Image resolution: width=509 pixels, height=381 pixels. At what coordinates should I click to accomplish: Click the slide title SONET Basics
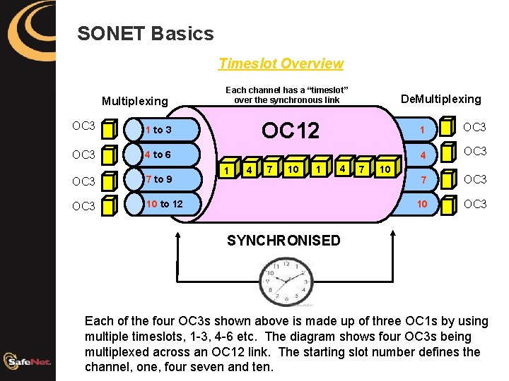[145, 33]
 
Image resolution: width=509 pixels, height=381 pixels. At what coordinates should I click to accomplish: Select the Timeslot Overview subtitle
[281, 64]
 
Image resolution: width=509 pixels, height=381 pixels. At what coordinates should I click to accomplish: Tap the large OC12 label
[290, 131]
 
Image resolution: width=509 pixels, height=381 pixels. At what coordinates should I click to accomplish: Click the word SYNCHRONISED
[283, 241]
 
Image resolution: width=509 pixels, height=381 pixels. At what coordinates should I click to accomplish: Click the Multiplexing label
[135, 101]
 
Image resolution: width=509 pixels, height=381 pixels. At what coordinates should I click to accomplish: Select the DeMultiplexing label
[440, 99]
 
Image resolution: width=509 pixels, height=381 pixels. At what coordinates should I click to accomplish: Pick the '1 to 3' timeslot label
[158, 130]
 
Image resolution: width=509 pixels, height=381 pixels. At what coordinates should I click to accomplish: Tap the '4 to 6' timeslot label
[157, 155]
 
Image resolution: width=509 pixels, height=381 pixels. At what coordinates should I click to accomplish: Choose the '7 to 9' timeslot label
[158, 179]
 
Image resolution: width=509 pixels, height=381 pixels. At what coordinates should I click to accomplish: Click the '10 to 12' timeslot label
[163, 204]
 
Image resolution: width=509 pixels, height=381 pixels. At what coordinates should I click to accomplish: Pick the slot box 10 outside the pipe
[385, 170]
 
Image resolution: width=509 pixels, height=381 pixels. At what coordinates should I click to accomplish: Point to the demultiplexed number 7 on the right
[421, 181]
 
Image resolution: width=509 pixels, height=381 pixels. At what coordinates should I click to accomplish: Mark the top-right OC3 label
[475, 127]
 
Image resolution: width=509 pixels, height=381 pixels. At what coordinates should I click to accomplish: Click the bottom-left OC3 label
[83, 206]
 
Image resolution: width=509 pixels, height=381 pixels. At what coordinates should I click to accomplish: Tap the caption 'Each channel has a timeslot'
[287, 95]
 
